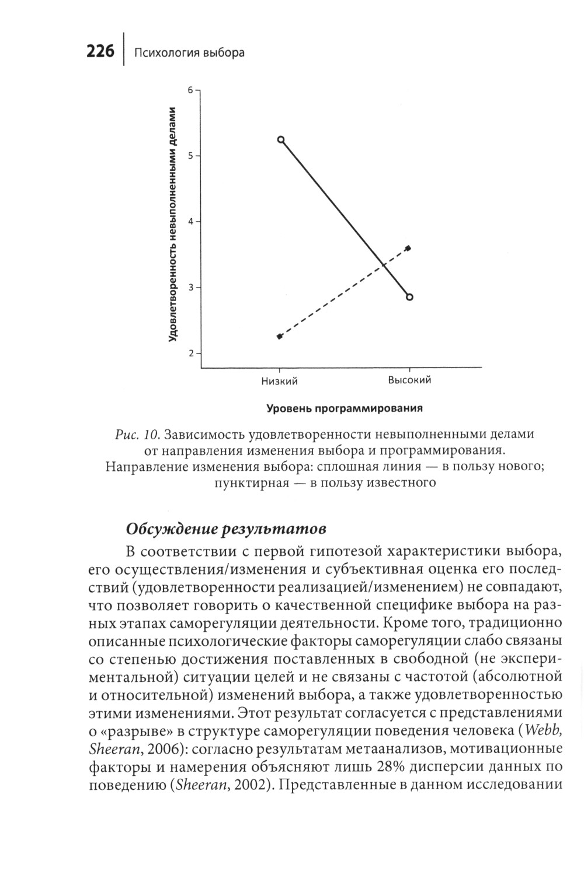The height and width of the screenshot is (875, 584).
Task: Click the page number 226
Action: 100,52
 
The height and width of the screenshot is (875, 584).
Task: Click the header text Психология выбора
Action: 189,53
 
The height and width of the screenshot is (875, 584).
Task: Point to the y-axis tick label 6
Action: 190,90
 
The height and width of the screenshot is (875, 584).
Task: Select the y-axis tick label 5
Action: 190,156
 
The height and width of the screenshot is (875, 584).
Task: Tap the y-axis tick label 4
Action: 190,222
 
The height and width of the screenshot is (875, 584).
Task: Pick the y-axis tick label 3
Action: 190,288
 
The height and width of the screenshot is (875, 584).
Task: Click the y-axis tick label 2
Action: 190,353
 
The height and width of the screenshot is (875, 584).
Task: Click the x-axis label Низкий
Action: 279,381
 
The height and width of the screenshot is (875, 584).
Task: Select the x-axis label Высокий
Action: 409,380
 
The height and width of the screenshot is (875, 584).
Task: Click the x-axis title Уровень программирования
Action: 345,408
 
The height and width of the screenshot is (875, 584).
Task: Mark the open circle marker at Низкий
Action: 281,140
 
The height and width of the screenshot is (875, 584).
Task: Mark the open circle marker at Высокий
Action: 409,297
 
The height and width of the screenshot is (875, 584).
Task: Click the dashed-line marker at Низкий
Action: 280,337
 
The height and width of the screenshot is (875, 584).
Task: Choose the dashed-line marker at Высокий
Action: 408,248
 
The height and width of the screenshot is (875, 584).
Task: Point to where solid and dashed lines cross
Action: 384,265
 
